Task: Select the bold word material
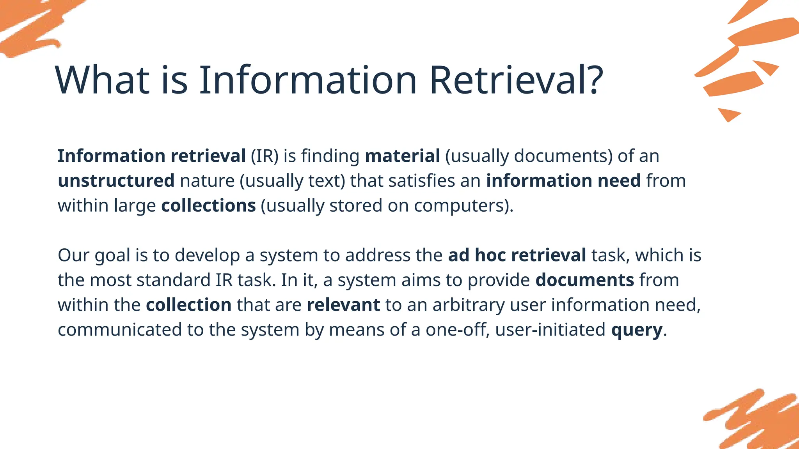pos(402,156)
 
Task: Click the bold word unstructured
pos(116,181)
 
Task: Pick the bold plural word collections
pos(208,206)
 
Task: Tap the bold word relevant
pos(343,305)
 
